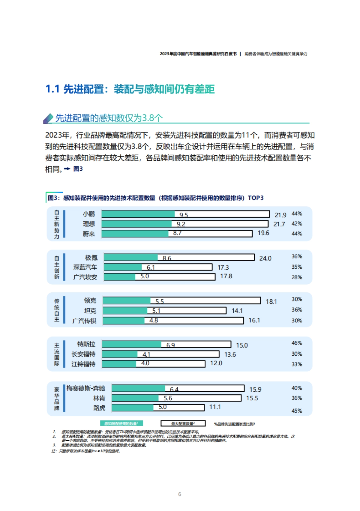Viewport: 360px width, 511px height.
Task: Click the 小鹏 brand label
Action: (89, 214)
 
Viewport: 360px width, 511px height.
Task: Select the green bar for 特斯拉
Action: (132, 344)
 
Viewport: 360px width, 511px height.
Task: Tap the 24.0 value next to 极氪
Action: (265, 258)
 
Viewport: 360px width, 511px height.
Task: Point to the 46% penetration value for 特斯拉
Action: (297, 343)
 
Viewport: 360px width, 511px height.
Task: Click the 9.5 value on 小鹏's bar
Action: (184, 215)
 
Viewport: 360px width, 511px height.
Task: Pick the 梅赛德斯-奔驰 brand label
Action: (86, 389)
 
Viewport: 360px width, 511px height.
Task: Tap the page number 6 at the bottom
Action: (180, 494)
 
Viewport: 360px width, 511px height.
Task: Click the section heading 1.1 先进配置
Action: (130, 89)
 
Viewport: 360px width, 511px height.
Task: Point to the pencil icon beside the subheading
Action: (48, 118)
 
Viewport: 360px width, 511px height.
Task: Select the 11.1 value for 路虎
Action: (215, 407)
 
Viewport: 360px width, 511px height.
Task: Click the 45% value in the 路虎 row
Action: (297, 411)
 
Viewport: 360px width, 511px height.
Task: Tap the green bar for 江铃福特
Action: (119, 364)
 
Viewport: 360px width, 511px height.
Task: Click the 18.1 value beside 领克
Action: (271, 302)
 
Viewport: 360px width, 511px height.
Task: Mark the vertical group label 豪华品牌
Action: (57, 399)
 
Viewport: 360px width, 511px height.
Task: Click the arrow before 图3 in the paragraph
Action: (67, 169)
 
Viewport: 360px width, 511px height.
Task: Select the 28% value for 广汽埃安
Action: (297, 277)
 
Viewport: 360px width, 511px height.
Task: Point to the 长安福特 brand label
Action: (83, 354)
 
